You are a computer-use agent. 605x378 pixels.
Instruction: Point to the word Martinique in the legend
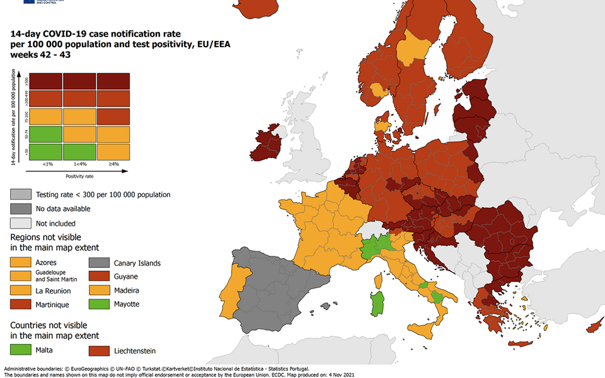tap(54, 304)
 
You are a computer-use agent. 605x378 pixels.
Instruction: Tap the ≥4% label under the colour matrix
tap(113, 164)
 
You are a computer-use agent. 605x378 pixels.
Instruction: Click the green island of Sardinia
tap(378, 302)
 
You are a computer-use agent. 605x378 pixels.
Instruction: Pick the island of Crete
tap(521, 344)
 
